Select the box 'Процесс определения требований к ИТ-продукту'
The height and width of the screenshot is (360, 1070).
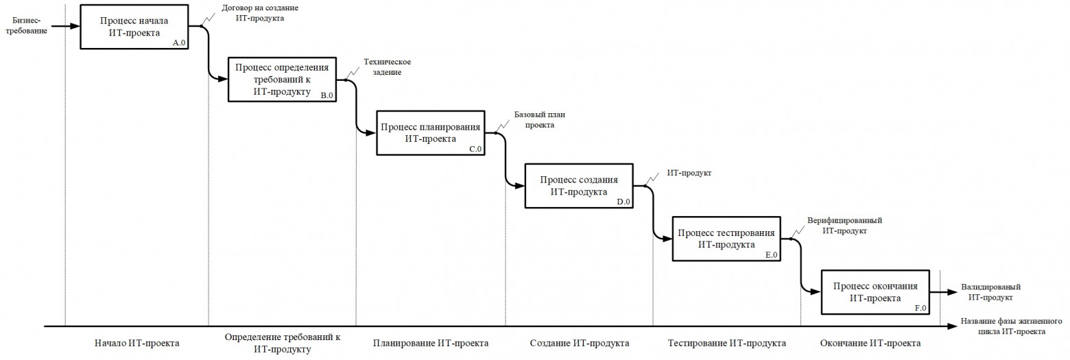[283, 79]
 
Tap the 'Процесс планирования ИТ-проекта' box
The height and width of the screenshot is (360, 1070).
[431, 132]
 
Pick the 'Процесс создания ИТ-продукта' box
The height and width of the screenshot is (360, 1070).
[578, 185]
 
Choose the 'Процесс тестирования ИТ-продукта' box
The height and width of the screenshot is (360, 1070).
[726, 238]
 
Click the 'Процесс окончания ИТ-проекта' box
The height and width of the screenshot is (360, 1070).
[875, 291]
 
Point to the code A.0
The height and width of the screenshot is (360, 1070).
[180, 43]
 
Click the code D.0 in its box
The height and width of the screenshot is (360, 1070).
[623, 202]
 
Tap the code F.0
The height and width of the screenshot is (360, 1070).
[920, 309]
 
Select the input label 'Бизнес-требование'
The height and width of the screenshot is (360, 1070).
[25, 26]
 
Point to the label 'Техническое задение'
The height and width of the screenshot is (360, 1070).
[382, 67]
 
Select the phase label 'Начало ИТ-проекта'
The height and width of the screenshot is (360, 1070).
[136, 343]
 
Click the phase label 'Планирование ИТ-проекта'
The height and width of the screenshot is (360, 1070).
[431, 343]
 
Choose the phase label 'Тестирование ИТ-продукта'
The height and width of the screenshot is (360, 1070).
[727, 343]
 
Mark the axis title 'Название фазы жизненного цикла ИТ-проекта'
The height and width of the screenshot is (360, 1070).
[1012, 326]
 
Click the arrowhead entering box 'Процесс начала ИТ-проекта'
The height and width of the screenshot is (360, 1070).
[76, 27]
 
